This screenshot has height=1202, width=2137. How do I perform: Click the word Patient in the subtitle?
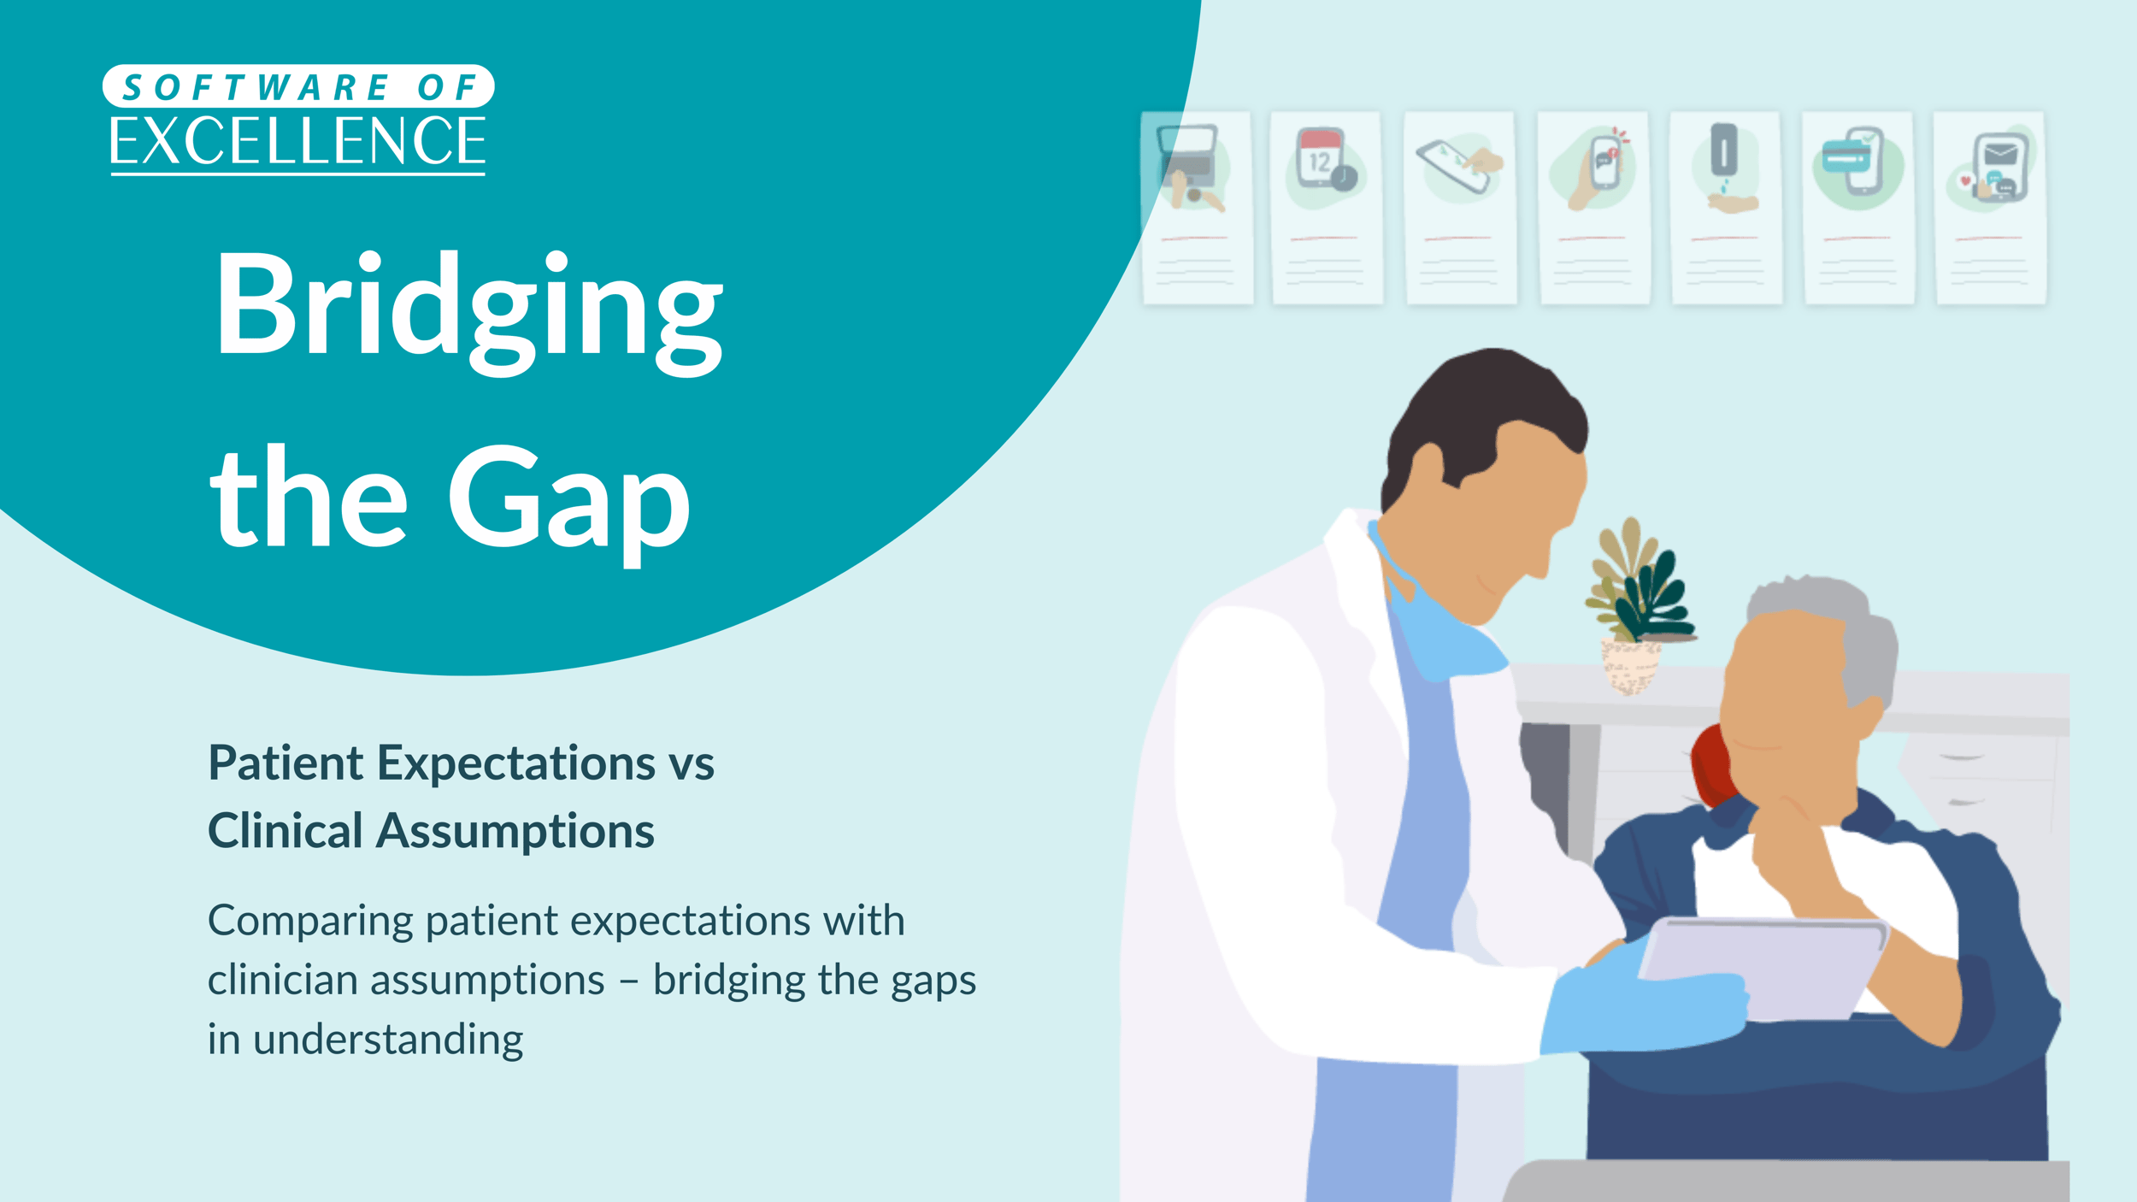coord(286,763)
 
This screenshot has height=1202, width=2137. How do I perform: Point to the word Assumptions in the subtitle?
coord(515,831)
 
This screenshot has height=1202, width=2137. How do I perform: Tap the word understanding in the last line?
coord(388,1040)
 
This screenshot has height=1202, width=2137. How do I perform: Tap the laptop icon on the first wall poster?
coord(1186,154)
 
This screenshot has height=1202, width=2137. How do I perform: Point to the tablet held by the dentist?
coord(1761,966)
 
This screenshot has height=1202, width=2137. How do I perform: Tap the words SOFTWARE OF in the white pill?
coord(297,87)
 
